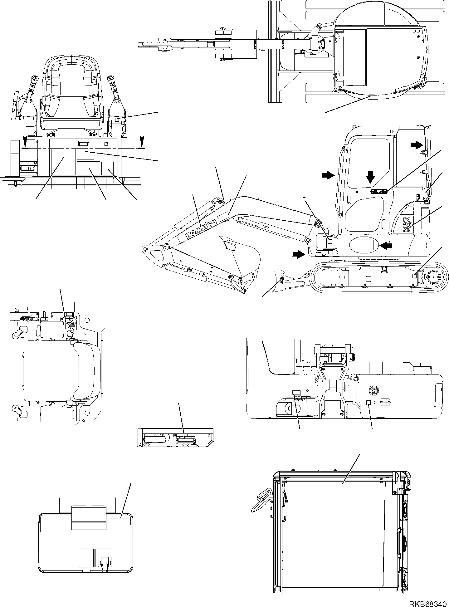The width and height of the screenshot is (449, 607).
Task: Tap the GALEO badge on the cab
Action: tap(379, 191)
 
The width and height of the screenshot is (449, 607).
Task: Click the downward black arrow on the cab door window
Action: tap(370, 177)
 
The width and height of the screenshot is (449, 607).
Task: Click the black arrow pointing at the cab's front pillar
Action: tap(328, 176)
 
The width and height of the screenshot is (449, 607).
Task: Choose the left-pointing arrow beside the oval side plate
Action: tap(386, 246)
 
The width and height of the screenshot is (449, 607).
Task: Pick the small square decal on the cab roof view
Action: tap(342, 497)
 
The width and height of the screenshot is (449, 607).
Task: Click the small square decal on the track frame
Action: tap(415, 276)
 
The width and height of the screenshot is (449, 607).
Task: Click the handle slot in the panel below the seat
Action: tap(83, 144)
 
